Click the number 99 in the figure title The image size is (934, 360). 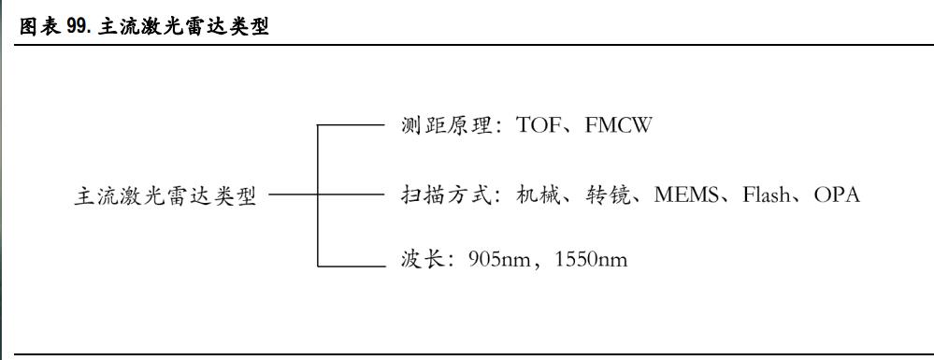78,27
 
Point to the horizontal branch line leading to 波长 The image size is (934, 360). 352,266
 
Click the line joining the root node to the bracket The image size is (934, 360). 293,196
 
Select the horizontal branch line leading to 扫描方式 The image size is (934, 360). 352,196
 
